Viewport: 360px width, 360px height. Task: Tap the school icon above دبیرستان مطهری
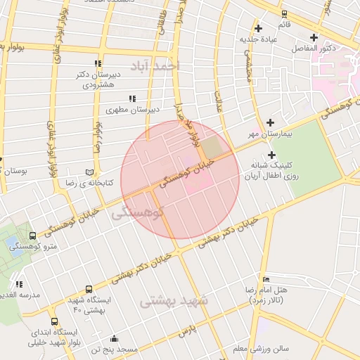coord(131,99)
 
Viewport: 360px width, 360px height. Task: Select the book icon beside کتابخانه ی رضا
coord(89,172)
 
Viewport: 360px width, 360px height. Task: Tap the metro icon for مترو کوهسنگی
coord(33,236)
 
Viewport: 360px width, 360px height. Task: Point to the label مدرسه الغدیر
coord(20,295)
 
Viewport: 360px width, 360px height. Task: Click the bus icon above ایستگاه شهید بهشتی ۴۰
coord(88,289)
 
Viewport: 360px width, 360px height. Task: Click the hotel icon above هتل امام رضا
coord(265,279)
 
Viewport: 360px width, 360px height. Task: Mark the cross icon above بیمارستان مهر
coord(269,122)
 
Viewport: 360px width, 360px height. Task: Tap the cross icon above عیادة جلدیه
coord(259,28)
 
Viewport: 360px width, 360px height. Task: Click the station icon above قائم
coord(283,13)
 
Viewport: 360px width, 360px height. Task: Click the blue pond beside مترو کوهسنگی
coord(13,243)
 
